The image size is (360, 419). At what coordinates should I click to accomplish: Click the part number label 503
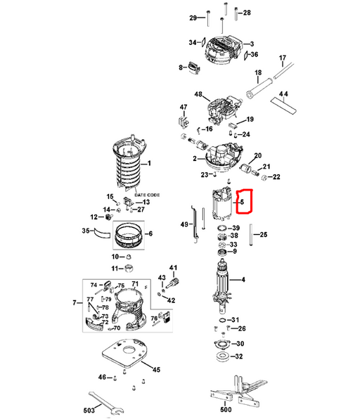(89, 410)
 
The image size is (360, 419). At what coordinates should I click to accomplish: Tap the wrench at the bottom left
(106, 402)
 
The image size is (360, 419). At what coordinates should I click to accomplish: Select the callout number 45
(156, 370)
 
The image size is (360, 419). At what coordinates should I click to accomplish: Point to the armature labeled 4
(221, 285)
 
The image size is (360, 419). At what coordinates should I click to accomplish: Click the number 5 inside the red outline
(242, 202)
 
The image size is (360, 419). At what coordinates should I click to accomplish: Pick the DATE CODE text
(147, 195)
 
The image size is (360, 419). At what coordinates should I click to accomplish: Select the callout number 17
(283, 58)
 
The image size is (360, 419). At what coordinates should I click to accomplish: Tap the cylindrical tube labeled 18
(259, 88)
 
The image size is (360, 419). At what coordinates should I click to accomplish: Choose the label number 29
(193, 18)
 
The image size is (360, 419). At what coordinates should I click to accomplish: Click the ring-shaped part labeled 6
(128, 235)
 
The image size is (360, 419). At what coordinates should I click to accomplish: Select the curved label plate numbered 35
(102, 233)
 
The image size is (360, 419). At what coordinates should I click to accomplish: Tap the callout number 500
(226, 409)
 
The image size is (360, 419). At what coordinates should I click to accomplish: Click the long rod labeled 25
(251, 235)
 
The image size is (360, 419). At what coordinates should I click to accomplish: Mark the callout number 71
(135, 284)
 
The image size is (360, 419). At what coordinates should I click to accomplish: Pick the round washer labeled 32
(222, 356)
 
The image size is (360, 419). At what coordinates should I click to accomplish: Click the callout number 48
(198, 94)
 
